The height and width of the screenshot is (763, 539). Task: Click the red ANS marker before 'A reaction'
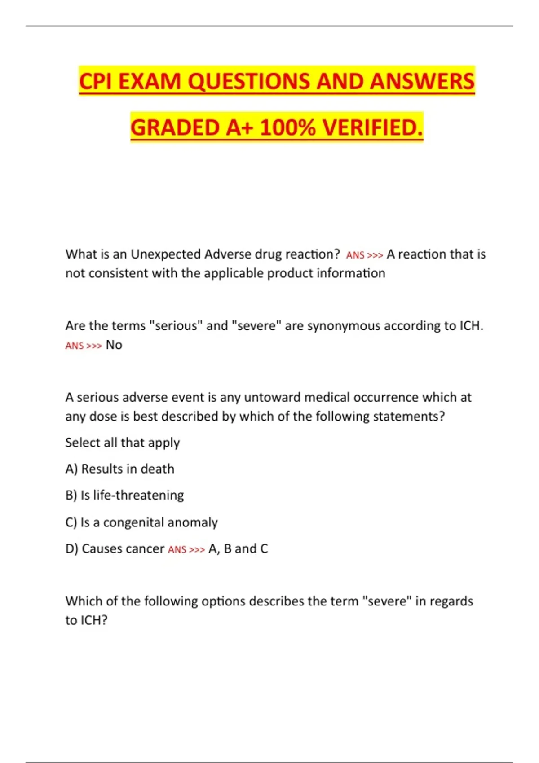pos(355,255)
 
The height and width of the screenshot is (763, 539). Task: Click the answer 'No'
pos(114,345)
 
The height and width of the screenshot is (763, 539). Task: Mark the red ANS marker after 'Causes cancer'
pos(177,550)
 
